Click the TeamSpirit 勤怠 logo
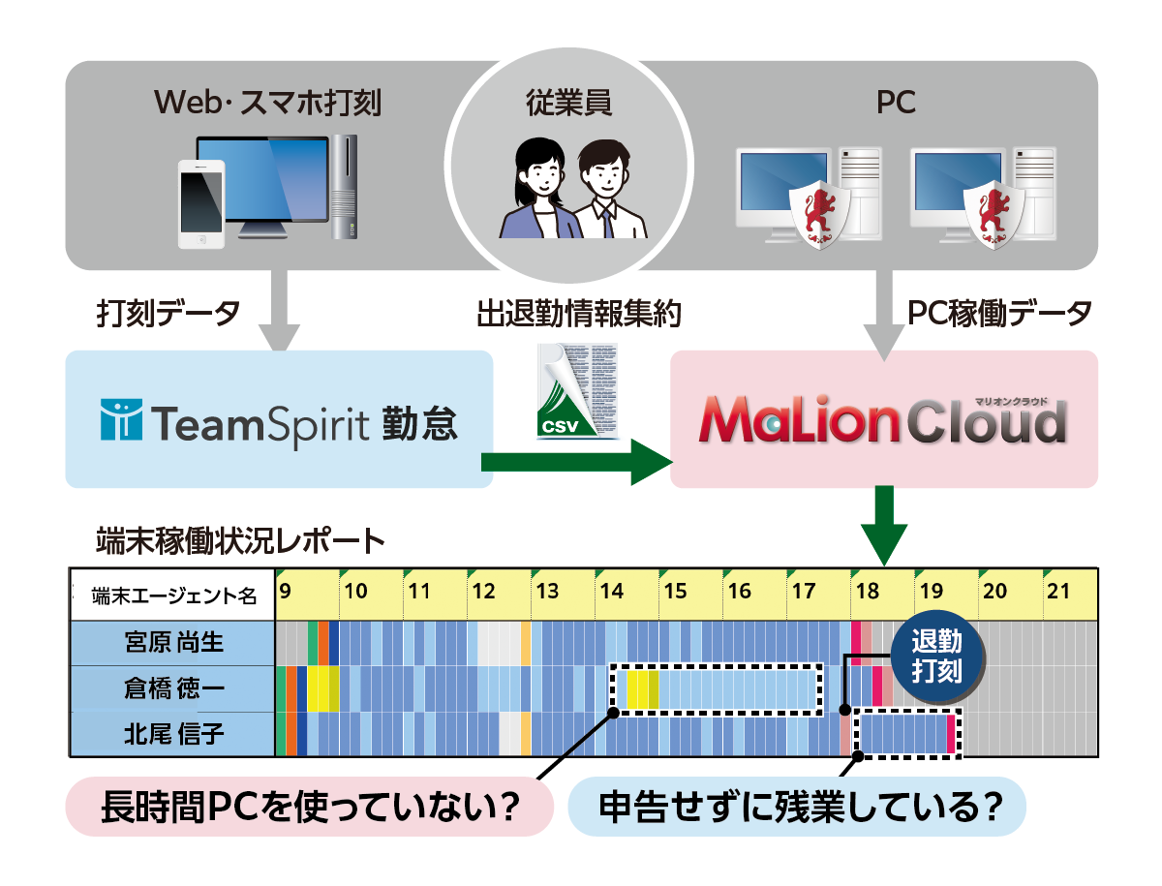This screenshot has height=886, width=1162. pos(279,422)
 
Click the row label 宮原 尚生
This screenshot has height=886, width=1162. pos(174,643)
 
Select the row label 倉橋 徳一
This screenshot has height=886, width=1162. pos(174,688)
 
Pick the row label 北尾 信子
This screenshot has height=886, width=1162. pos(174,734)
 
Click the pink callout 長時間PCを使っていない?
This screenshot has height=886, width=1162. pos(308,806)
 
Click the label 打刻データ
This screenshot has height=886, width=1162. pos(168,312)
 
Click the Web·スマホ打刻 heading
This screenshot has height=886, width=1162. pos(267,103)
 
